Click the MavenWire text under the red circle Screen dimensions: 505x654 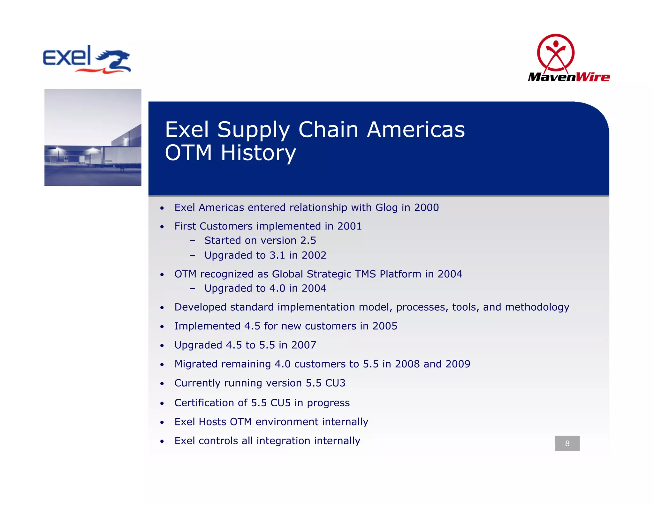(x=569, y=77)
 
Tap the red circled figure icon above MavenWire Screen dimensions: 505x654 (x=556, y=53)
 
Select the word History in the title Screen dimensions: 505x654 (x=258, y=153)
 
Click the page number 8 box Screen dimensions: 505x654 (x=567, y=443)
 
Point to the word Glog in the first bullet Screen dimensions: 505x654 (x=386, y=207)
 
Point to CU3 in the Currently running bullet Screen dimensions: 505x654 (x=335, y=383)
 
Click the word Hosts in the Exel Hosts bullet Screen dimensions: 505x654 (x=212, y=422)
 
